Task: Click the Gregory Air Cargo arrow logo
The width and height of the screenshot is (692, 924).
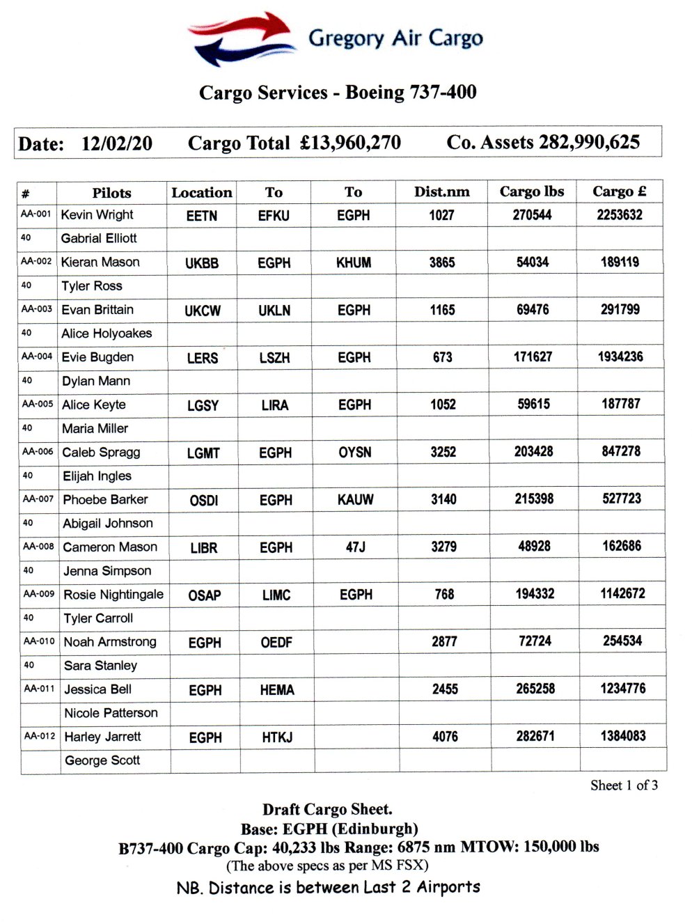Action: point(240,38)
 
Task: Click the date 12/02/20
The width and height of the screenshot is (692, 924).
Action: point(116,143)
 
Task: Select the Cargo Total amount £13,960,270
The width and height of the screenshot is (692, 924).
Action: point(350,143)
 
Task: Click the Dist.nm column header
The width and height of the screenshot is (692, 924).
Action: point(441,191)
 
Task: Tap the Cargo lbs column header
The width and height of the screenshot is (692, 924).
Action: point(531,191)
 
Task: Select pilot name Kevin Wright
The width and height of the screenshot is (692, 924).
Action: point(97,214)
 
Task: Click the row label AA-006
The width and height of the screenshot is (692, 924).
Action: point(38,451)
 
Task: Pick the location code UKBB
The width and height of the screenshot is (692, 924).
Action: point(202,263)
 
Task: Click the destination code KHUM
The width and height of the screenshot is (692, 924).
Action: point(354,263)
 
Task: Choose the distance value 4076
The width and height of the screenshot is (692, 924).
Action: point(445,737)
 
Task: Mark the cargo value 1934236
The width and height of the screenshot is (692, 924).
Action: point(620,357)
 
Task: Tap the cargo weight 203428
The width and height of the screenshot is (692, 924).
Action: point(533,451)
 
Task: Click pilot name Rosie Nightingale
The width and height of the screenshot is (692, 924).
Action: point(113,594)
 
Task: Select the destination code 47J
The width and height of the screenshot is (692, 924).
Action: point(355,547)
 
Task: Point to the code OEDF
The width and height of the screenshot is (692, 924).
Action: point(276,642)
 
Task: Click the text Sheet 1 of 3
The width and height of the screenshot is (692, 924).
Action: point(624,785)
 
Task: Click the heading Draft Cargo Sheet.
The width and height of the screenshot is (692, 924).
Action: point(327,809)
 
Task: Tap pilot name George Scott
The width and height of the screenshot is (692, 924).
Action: point(102,760)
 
